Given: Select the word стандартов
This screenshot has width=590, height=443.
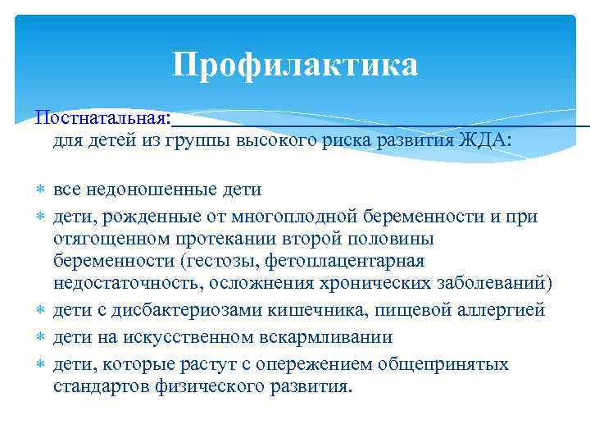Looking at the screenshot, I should [102, 386].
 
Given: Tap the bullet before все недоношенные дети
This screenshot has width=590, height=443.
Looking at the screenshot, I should [40, 191].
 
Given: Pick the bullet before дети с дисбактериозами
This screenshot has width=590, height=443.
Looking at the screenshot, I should [40, 311].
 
